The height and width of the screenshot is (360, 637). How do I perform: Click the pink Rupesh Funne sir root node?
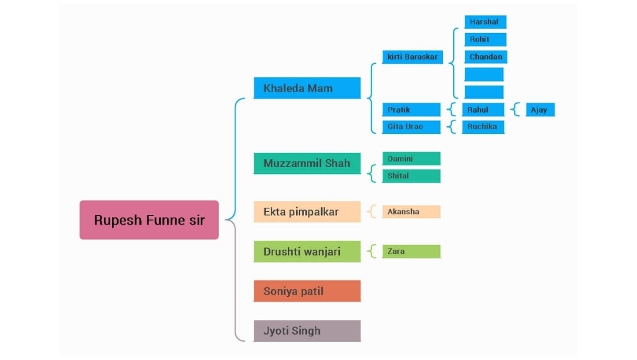click(149, 220)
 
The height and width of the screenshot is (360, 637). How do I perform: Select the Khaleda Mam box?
click(307, 88)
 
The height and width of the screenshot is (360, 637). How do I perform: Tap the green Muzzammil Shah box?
click(307, 163)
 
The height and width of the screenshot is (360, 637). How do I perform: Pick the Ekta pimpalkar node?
click(307, 211)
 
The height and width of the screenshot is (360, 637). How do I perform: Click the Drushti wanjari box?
click(307, 251)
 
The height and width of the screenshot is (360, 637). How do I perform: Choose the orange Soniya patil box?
click(307, 291)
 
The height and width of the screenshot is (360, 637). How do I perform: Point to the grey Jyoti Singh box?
click(307, 330)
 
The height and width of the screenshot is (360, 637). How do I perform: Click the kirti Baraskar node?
click(412, 57)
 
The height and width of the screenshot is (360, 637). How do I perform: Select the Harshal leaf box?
click(485, 22)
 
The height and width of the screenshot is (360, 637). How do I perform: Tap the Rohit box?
click(485, 40)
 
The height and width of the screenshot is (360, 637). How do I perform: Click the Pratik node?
click(411, 110)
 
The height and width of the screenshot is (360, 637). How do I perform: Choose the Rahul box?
click(483, 110)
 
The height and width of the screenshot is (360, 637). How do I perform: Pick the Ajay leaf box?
click(540, 110)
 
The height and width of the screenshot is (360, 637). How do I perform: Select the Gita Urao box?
click(411, 127)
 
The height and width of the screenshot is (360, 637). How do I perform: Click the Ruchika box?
click(483, 127)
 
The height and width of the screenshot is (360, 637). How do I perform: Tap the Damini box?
click(411, 158)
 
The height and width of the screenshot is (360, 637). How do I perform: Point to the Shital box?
click(411, 176)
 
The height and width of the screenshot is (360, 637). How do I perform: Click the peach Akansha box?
click(411, 211)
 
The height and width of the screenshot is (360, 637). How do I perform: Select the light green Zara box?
click(411, 251)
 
